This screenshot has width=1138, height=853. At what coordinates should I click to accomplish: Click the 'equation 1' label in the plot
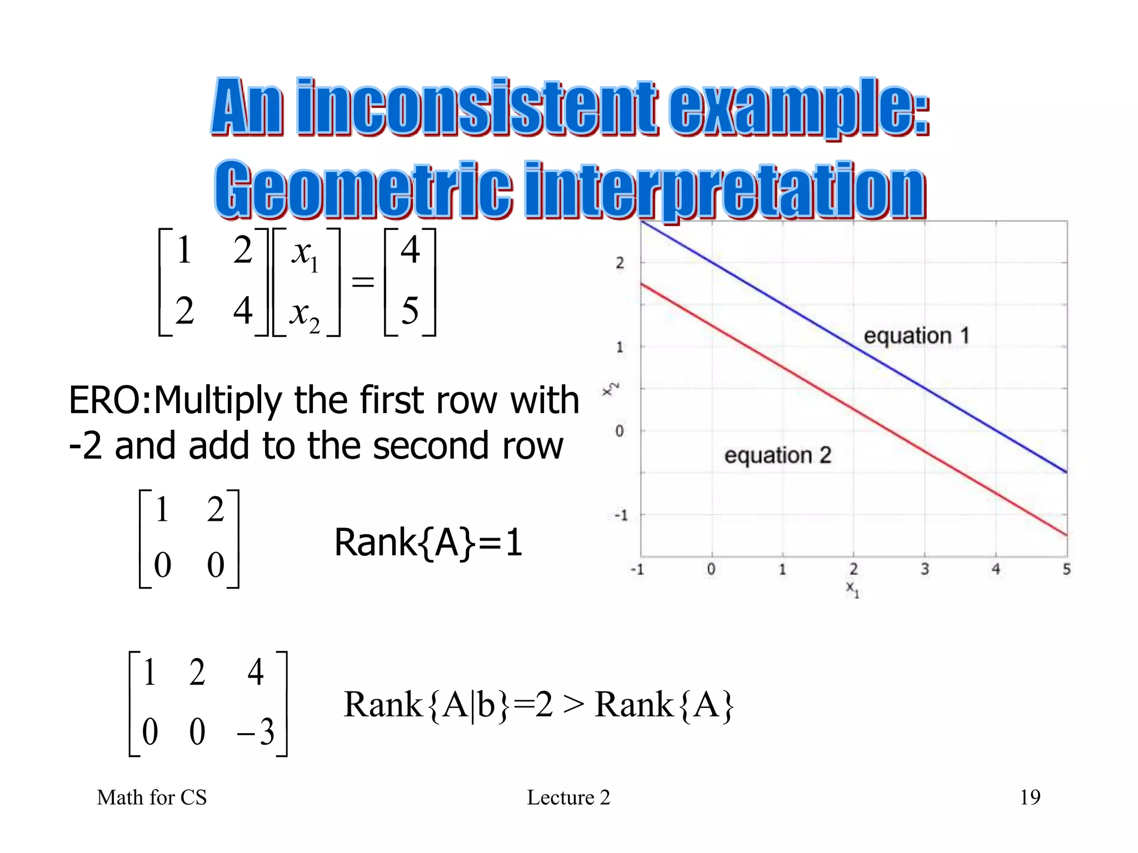[916, 335]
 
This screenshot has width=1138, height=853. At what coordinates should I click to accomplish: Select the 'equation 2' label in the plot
[777, 455]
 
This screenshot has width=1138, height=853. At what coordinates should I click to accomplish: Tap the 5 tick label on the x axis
[1066, 569]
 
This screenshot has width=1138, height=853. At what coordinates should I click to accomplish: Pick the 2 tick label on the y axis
[620, 263]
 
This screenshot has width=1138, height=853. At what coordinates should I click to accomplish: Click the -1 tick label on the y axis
[620, 515]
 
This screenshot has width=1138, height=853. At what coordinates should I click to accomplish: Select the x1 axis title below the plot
[852, 589]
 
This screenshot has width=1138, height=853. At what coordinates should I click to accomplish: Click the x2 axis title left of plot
[610, 389]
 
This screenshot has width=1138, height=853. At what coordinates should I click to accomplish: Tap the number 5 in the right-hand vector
[410, 310]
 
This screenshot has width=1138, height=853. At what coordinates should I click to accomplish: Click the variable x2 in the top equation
[305, 314]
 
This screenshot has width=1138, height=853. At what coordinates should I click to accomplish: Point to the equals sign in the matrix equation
[363, 282]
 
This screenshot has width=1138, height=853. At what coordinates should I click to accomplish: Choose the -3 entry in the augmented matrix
[256, 732]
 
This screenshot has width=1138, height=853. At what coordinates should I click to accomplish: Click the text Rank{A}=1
[428, 543]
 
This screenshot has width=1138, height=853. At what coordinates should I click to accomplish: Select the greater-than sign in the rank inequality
[573, 705]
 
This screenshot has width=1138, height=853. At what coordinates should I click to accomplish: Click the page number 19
[1030, 797]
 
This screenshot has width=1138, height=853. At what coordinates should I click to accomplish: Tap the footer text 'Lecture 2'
[568, 797]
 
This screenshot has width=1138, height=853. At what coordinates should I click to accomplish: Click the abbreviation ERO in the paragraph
[105, 400]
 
